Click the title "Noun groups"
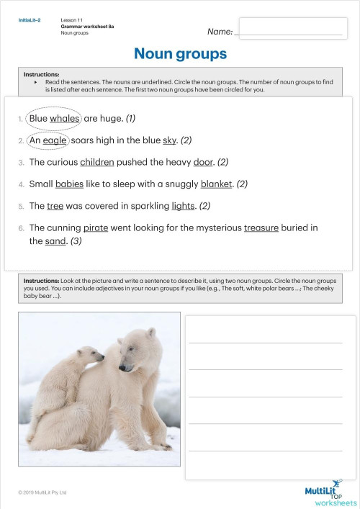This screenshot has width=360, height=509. (x=180, y=54)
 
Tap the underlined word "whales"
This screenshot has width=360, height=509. (x=65, y=119)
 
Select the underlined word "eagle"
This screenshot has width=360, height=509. (x=55, y=140)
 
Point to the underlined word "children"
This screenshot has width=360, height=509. (x=97, y=162)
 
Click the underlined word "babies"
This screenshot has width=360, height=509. (x=70, y=184)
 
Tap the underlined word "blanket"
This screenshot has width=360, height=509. (x=217, y=184)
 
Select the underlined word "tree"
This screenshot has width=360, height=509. (x=55, y=206)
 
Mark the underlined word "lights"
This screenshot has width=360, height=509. (x=183, y=206)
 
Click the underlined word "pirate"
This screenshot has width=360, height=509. (x=96, y=228)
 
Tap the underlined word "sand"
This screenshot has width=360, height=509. (x=56, y=241)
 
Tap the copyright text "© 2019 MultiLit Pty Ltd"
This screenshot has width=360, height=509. (x=42, y=492)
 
